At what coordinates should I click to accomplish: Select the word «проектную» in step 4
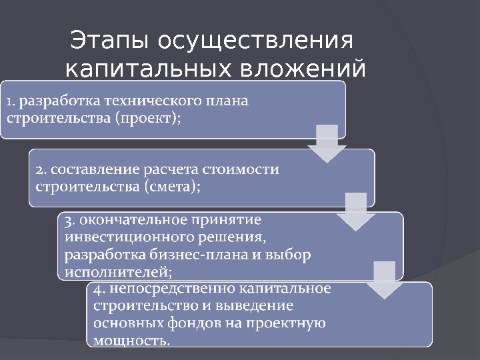(291, 324)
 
